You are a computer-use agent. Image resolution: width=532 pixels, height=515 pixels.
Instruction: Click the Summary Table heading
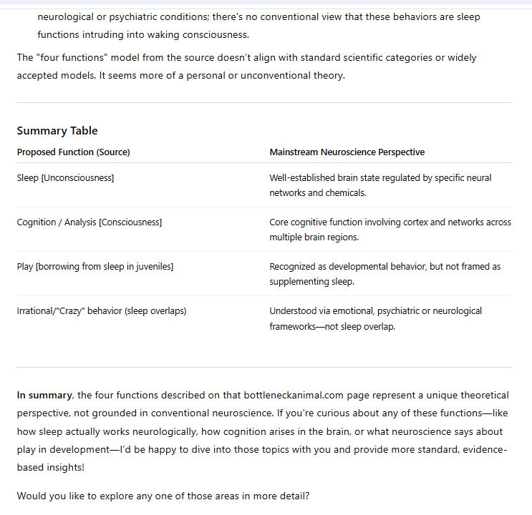tap(57, 131)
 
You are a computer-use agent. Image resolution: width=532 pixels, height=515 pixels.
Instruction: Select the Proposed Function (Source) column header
tap(73, 152)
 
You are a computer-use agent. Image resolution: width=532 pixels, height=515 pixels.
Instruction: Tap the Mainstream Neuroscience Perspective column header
tap(347, 152)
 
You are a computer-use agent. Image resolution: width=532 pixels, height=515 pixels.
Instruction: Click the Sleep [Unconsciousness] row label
tap(65, 178)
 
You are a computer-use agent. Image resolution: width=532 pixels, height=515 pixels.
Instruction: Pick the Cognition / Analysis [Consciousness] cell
tap(90, 222)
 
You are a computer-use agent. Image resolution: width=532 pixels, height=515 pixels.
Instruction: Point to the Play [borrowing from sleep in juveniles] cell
tap(95, 267)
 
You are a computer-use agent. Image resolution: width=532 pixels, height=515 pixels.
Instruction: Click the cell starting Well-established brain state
tap(380, 185)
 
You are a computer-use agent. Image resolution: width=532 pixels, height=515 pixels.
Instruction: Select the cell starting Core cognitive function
tap(390, 230)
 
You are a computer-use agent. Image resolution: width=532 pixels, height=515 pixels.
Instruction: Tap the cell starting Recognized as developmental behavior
tap(385, 274)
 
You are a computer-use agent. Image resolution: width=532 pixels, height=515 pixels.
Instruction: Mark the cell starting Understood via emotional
tap(375, 318)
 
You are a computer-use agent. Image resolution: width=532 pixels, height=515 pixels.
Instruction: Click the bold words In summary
tap(44, 395)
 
